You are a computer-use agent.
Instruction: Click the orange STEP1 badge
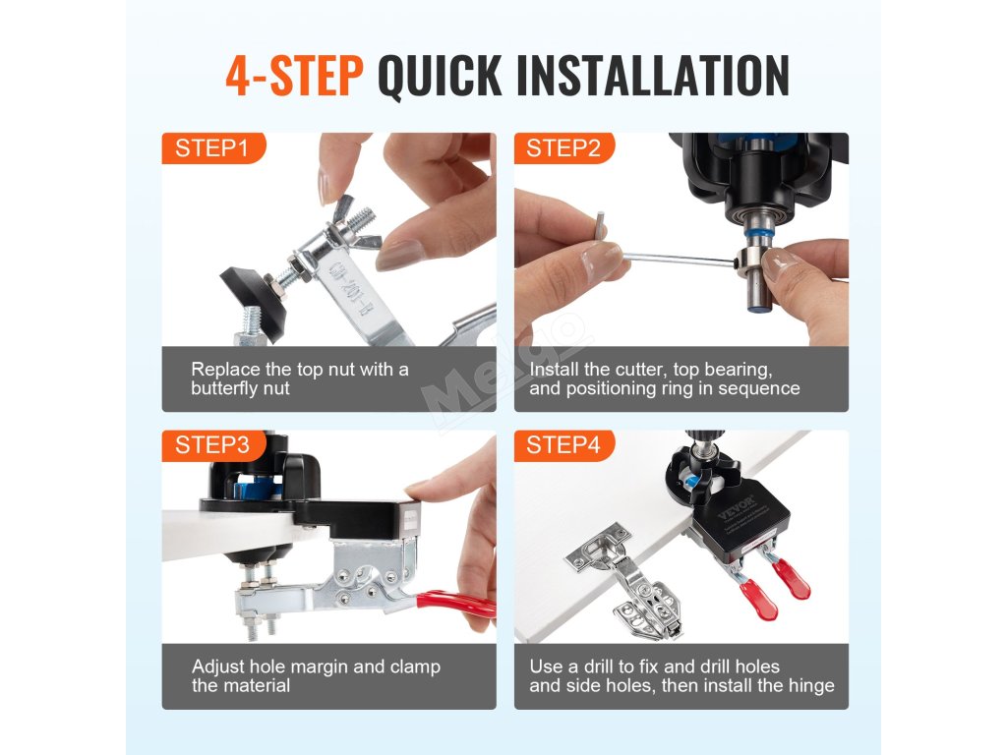pos(213,148)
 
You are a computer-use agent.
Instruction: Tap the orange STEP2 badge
pos(563,148)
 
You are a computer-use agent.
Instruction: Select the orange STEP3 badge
pos(213,445)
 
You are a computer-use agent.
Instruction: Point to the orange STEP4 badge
pos(563,445)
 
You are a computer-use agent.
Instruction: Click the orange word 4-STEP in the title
pos(295,77)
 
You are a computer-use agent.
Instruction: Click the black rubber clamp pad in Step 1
pos(254,299)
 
